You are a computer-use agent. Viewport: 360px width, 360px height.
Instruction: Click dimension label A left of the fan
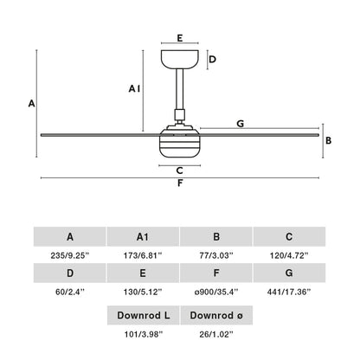click(31, 103)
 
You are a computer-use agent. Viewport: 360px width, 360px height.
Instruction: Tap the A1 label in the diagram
click(134, 89)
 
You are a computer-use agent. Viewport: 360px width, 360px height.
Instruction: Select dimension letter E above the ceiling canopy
click(179, 39)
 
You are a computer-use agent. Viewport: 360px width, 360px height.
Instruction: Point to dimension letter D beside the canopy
click(213, 60)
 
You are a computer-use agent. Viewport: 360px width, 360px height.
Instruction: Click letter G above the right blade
click(240, 124)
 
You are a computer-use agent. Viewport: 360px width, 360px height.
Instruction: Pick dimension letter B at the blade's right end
click(328, 139)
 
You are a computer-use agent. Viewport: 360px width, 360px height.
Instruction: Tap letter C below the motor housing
click(179, 170)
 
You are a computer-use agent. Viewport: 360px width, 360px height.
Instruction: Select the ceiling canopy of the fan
click(180, 60)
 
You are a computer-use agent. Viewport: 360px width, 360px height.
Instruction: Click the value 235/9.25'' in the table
click(69, 254)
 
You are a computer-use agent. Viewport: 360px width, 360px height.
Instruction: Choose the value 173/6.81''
click(143, 254)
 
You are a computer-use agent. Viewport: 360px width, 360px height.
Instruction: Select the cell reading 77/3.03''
click(216, 254)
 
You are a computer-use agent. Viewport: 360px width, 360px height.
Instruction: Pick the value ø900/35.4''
click(216, 293)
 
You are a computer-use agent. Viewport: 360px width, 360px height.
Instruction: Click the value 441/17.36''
click(289, 293)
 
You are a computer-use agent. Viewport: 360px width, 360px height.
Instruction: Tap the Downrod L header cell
click(143, 315)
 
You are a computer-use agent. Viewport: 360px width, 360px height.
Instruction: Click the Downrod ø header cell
click(216, 315)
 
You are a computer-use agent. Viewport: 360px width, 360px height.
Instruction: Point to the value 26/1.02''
click(216, 333)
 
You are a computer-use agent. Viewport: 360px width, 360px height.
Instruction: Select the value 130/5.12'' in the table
click(143, 293)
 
